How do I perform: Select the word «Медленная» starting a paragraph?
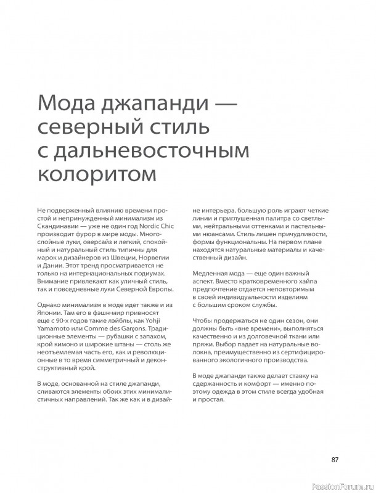tap(212, 273)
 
